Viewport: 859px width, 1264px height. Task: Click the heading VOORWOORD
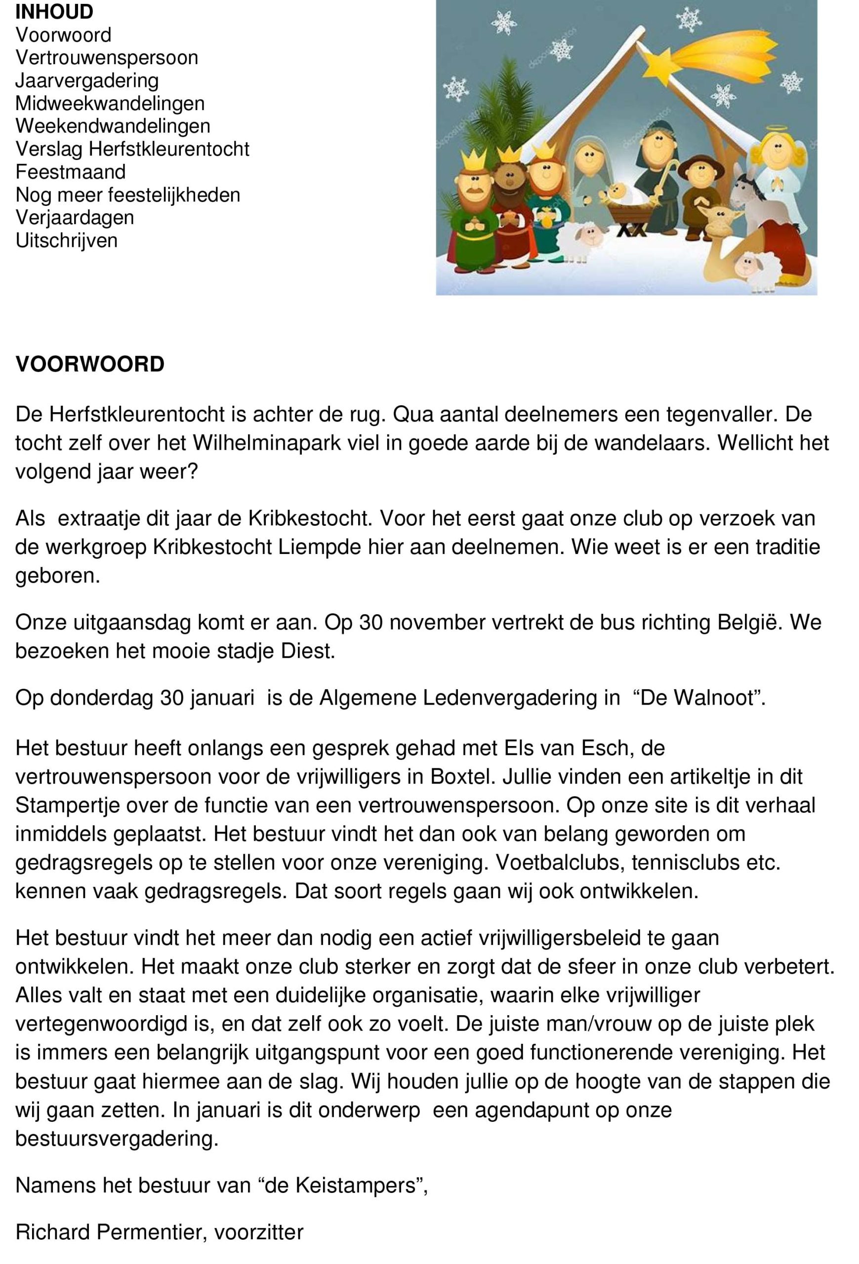[90, 364]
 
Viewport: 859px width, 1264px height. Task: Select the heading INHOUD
[54, 11]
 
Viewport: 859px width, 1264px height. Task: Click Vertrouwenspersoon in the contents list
[107, 58]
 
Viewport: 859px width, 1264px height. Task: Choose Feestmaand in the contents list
[70, 172]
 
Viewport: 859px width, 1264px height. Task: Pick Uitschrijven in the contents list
[66, 240]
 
